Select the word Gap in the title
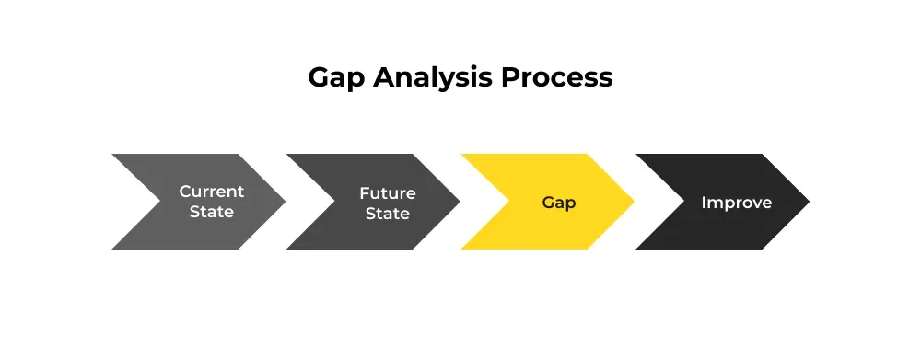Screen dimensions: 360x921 click(336, 78)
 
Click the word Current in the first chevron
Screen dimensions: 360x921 click(212, 192)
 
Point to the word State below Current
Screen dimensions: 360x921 click(212, 212)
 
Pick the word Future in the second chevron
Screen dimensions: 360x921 click(387, 193)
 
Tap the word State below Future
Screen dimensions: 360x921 click(387, 214)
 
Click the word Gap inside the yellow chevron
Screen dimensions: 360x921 click(559, 203)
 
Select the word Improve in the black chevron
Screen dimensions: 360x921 click(737, 203)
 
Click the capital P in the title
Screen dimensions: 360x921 click(509, 78)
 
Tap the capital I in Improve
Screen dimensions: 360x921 click(705, 202)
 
